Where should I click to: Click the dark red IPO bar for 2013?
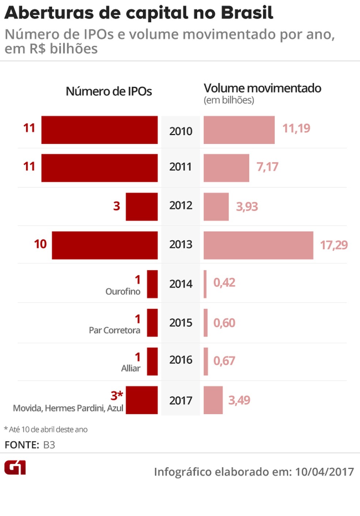pos(105,245)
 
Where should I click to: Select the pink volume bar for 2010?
pos(239,130)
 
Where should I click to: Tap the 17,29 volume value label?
pos(334,245)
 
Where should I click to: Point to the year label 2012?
pos(180,206)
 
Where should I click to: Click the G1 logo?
pos(15,468)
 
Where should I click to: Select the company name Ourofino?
pos(123,291)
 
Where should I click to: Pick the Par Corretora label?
pos(114,330)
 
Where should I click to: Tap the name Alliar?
pos(131,368)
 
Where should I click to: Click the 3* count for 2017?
pos(117,395)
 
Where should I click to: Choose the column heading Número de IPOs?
pos(109,91)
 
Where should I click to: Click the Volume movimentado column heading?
pos(262,88)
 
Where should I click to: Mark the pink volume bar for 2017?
pos(213,400)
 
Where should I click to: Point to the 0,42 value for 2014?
pos(224,283)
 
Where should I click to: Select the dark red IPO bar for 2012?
pos(142,207)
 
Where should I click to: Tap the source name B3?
pos(49,445)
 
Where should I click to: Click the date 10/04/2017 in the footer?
pos(324,472)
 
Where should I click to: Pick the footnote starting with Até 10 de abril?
pos(46,429)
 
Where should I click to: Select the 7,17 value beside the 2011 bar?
pos(267,167)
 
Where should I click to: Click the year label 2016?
pos(180,360)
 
